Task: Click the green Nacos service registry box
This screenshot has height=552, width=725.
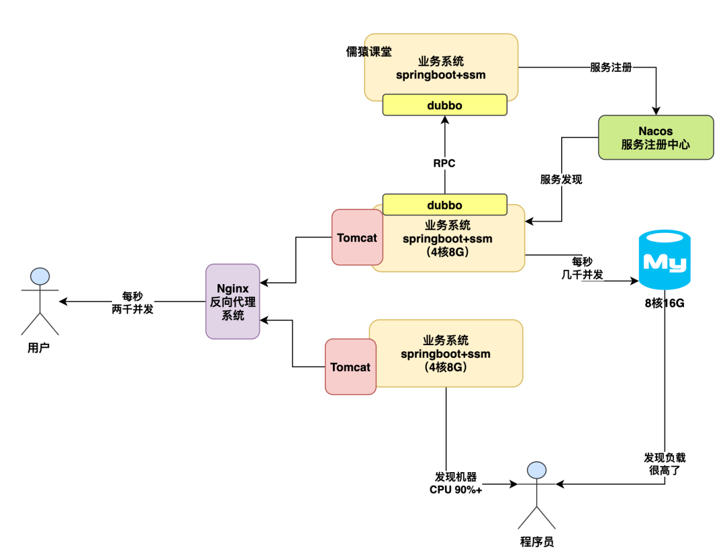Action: pos(655,137)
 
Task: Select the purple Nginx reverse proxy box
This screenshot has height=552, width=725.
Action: pos(232,301)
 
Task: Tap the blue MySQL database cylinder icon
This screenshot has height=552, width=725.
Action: pos(664,261)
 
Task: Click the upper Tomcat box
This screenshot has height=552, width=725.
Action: pos(357,237)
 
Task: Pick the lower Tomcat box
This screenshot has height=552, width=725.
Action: pos(350,367)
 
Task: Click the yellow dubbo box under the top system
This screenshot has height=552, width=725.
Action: pos(444,105)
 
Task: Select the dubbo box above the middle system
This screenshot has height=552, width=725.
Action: pos(444,205)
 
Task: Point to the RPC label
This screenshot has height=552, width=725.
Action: pos(445,163)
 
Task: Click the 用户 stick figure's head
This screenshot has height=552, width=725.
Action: pos(40,276)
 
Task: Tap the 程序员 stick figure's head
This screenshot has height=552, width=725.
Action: pos(536,470)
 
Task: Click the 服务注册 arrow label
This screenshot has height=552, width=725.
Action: pos(611,67)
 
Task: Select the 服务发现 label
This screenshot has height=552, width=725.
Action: pos(561,179)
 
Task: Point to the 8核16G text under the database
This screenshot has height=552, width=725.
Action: pos(664,303)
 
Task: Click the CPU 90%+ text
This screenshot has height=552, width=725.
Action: pos(456,490)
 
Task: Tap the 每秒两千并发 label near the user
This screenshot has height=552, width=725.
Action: pos(132,302)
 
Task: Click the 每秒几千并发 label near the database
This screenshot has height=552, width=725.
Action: pos(582,267)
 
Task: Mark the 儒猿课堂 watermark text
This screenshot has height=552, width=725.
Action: pos(369,52)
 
